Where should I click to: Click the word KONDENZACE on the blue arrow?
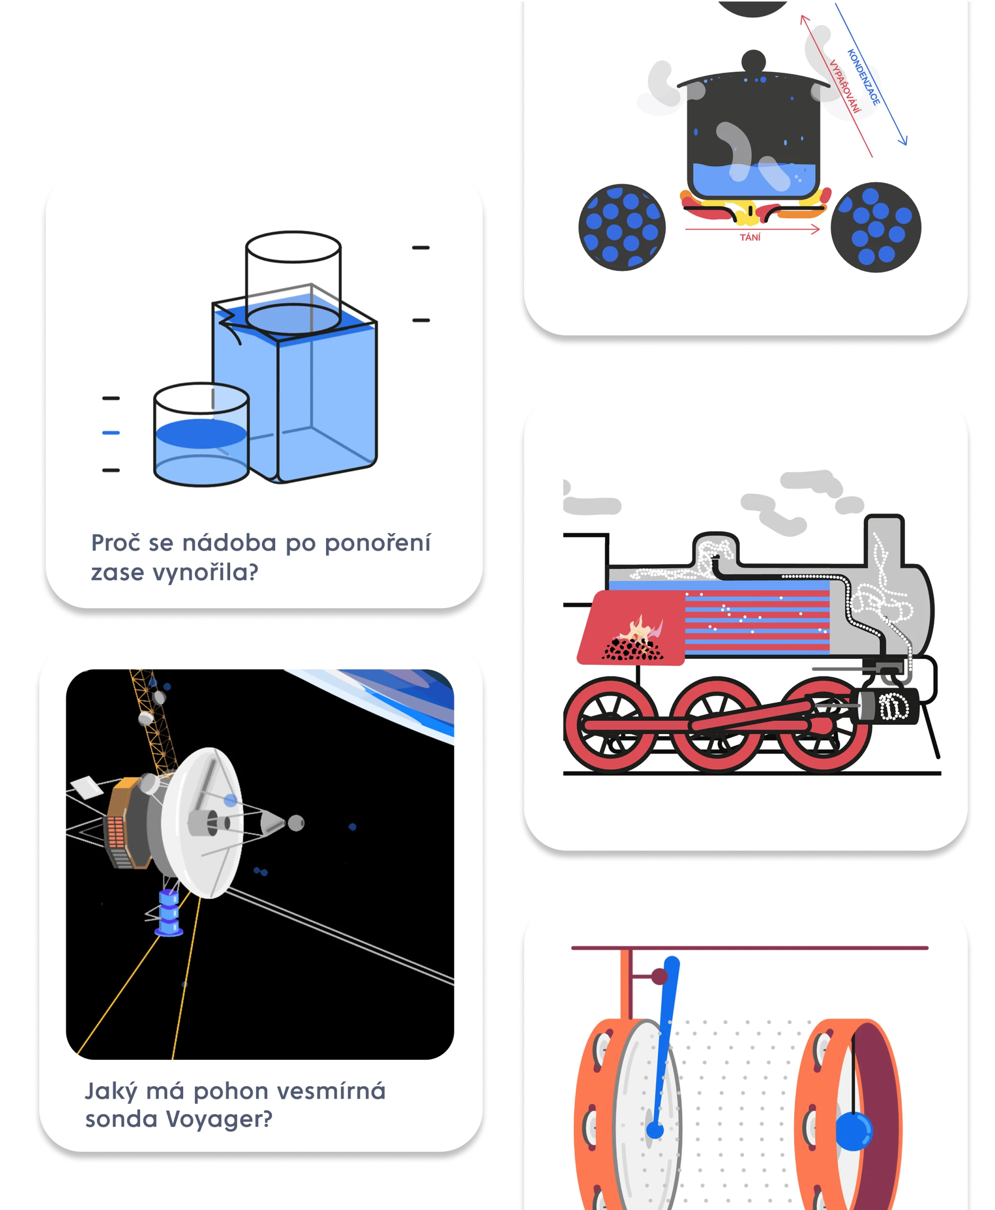point(863,77)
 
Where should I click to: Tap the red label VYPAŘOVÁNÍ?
point(845,86)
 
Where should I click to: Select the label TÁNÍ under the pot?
point(750,237)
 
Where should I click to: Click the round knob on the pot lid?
point(753,61)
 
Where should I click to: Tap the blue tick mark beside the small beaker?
point(111,433)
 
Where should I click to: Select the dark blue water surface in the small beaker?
point(201,434)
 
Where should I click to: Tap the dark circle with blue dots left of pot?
point(622,228)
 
